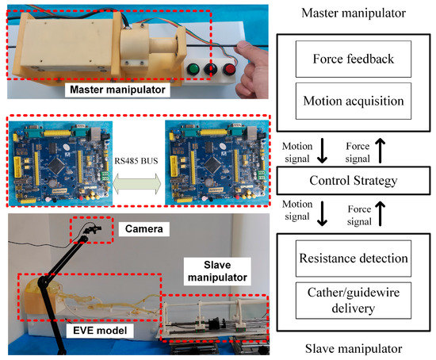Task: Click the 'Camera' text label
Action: point(143,228)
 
